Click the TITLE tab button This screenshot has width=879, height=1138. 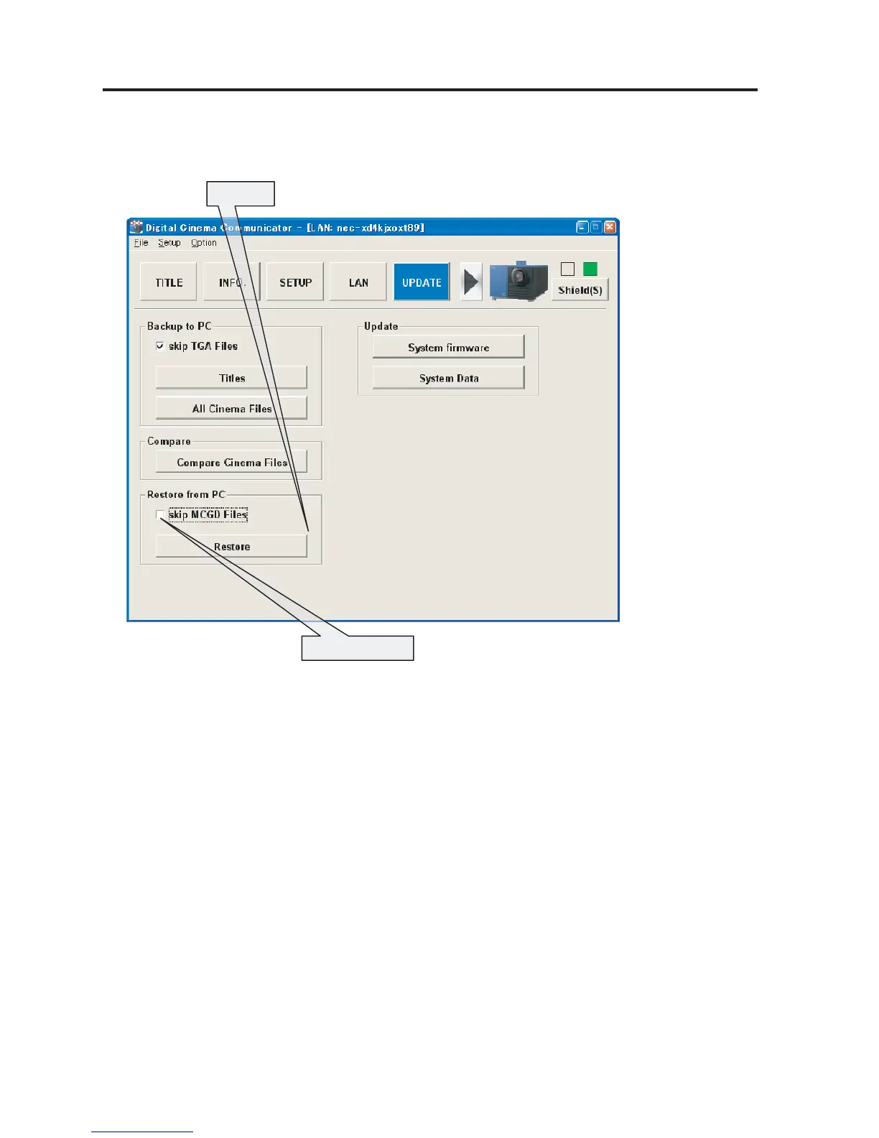169,282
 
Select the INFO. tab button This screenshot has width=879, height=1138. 231,282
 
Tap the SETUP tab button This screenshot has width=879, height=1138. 295,282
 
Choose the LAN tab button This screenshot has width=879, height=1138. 358,282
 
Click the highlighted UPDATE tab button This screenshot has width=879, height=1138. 422,282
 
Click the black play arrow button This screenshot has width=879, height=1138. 471,282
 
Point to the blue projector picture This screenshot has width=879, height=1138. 518,282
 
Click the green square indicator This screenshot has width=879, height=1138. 590,269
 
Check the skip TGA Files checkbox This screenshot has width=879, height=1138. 160,346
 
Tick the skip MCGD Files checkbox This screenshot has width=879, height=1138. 160,515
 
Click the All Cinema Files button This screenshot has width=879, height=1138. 231,408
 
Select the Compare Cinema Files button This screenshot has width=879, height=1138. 231,462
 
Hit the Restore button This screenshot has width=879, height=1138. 231,547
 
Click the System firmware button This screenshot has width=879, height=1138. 448,347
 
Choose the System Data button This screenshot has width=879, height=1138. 448,378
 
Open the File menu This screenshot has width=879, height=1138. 141,243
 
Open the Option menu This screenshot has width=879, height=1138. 204,243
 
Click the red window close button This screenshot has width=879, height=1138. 610,227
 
